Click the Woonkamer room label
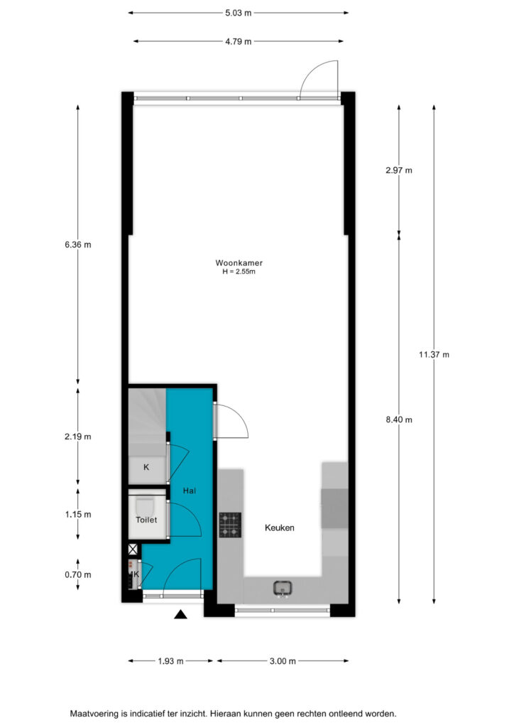coord(239,263)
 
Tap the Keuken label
coord(280,528)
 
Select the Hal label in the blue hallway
coord(189,491)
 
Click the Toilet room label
coord(146,520)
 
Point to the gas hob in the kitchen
coord(230,525)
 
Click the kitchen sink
coord(283,588)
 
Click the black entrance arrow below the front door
coord(180,614)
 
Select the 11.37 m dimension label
coord(434,355)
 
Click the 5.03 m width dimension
coord(239,13)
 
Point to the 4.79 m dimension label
coord(239,41)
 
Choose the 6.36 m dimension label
coord(78,245)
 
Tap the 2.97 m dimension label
coord(398,171)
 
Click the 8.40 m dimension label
coord(398,419)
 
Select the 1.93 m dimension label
coord(170,661)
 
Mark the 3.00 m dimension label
coord(283,661)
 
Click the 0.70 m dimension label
coord(78,574)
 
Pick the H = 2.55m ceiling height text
coord(239,272)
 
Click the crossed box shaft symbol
coord(133,550)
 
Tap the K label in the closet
coord(146,467)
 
